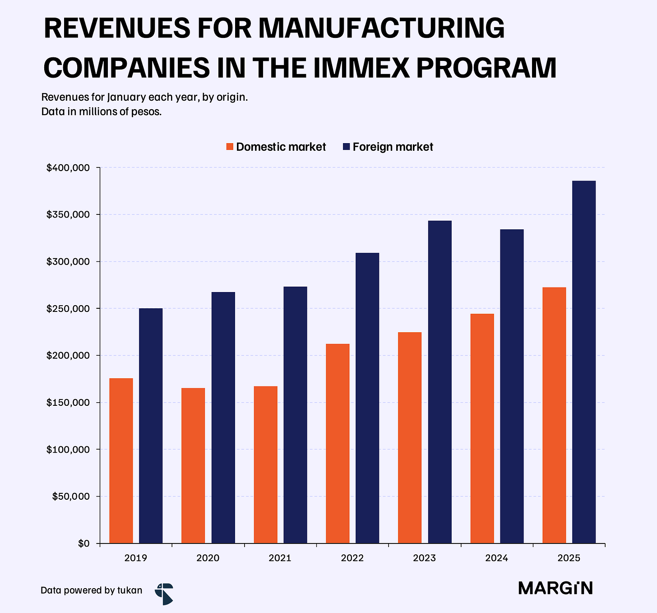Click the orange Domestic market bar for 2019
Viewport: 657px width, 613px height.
coord(121,461)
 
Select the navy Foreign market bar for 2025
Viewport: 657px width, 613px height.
coord(584,362)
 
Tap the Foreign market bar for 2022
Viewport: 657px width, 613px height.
coord(368,398)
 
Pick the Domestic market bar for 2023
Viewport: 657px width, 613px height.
coord(410,438)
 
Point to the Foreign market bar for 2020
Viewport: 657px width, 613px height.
coord(223,418)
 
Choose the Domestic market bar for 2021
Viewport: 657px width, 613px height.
coord(266,464)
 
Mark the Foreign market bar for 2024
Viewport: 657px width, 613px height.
coord(512,386)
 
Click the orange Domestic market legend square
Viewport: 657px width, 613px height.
coord(230,147)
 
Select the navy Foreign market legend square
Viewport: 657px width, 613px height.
coord(347,147)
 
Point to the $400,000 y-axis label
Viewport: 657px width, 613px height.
coord(68,168)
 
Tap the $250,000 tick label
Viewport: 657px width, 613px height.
coord(68,309)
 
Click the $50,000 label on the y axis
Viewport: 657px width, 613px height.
coord(71,497)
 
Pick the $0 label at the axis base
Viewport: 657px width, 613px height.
coord(83,543)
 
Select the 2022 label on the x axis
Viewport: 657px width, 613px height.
coord(352,558)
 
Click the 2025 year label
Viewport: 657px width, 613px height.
coord(569,558)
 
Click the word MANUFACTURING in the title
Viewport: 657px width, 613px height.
coord(381,28)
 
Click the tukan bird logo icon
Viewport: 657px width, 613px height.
coord(164,594)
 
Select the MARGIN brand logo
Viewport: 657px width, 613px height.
coord(555,588)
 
